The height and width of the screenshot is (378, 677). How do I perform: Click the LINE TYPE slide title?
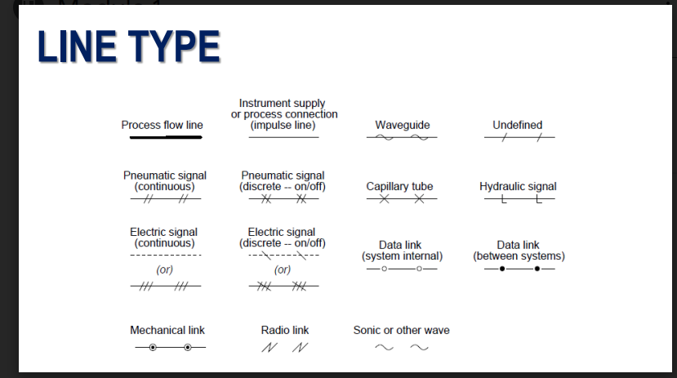point(128,47)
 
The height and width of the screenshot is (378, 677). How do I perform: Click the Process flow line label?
point(162,125)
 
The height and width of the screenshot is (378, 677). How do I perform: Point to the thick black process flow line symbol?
point(166,138)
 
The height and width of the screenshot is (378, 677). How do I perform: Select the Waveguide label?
point(402,125)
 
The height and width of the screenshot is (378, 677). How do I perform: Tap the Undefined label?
point(517,125)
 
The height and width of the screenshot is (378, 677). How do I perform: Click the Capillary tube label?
point(399,187)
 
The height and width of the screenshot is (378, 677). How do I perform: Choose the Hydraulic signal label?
point(518,187)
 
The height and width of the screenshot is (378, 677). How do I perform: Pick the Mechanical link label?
point(167,331)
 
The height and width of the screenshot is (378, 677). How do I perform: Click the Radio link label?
point(285,331)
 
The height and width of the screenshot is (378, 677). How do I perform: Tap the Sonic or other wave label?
point(401,331)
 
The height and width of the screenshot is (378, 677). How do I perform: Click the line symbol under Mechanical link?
point(169,348)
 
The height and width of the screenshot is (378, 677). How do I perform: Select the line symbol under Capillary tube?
point(401,199)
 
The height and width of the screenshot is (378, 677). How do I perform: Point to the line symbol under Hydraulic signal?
point(519,199)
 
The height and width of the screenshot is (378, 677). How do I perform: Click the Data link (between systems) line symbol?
point(519,269)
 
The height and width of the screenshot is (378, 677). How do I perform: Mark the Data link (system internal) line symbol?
point(401,269)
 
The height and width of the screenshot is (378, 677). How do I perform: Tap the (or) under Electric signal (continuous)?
point(164,269)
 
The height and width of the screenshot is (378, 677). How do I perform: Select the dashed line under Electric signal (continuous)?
point(166,256)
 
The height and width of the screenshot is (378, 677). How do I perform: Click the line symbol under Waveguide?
point(401,138)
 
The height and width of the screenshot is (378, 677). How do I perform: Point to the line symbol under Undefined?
point(519,138)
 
